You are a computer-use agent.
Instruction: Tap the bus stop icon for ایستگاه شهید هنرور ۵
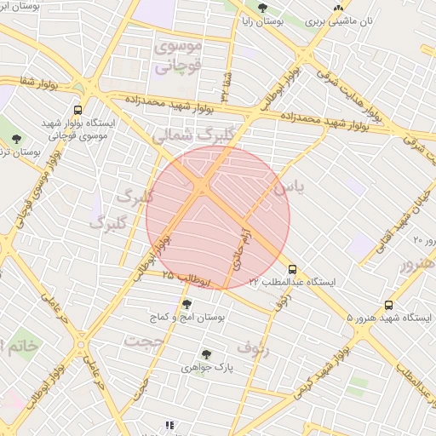tap(389, 304)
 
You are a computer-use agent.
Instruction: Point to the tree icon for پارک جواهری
tap(205, 354)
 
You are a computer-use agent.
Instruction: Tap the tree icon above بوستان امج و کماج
tap(186, 303)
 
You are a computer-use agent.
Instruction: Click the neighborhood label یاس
tap(285, 183)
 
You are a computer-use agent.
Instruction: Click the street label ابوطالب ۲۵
tap(180, 276)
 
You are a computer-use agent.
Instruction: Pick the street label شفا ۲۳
tap(227, 84)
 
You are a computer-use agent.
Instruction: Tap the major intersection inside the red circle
tap(204, 186)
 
